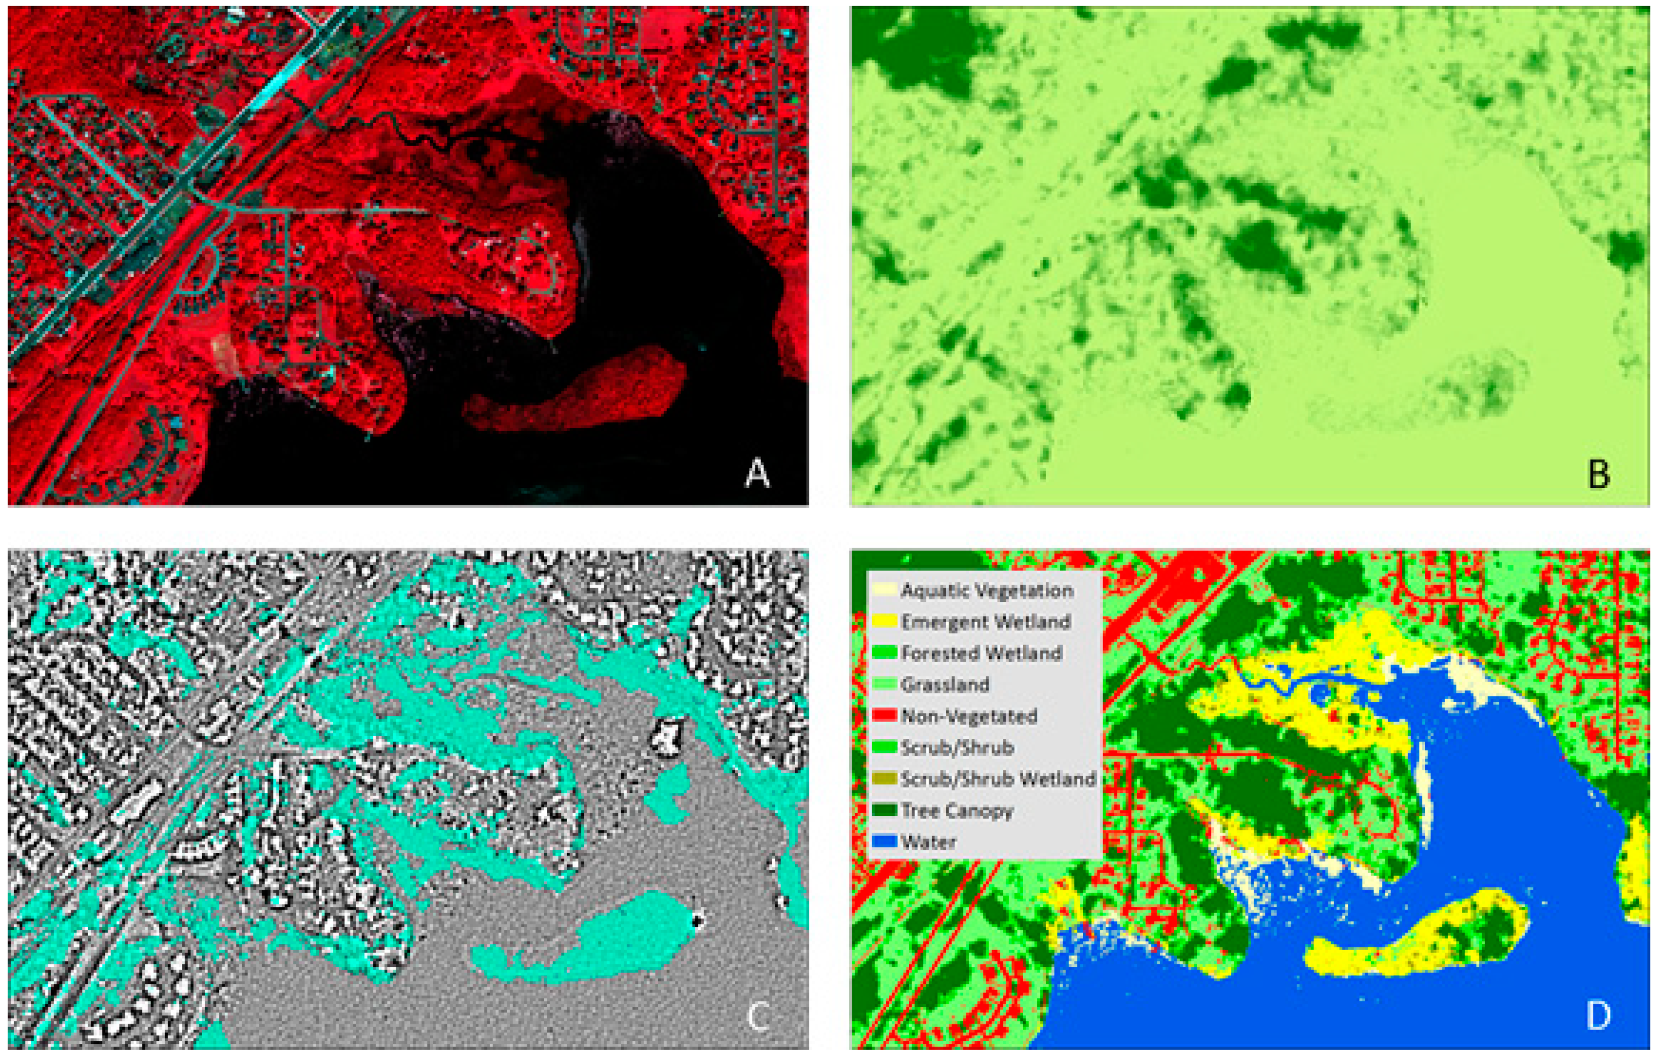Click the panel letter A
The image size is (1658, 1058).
pos(757,474)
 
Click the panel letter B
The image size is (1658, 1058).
pos(1598,474)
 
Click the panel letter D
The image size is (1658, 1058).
pos(1598,1016)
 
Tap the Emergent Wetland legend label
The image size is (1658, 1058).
pos(985,622)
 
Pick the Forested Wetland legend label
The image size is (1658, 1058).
pos(981,653)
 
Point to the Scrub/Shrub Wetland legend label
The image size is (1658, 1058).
pos(998,779)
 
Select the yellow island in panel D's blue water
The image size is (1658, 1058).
pos(1412,936)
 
